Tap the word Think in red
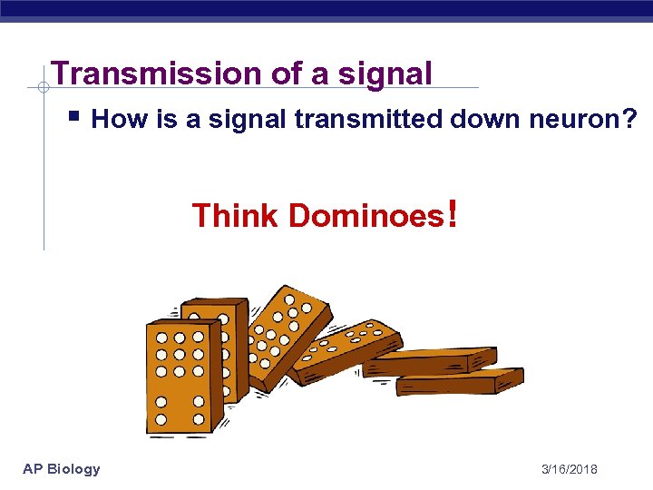click(236, 216)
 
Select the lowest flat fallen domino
click(460, 381)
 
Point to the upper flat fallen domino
click(431, 360)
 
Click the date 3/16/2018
click(569, 469)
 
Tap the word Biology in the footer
click(74, 469)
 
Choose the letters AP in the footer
click(33, 469)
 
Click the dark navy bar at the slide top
click(326, 9)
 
